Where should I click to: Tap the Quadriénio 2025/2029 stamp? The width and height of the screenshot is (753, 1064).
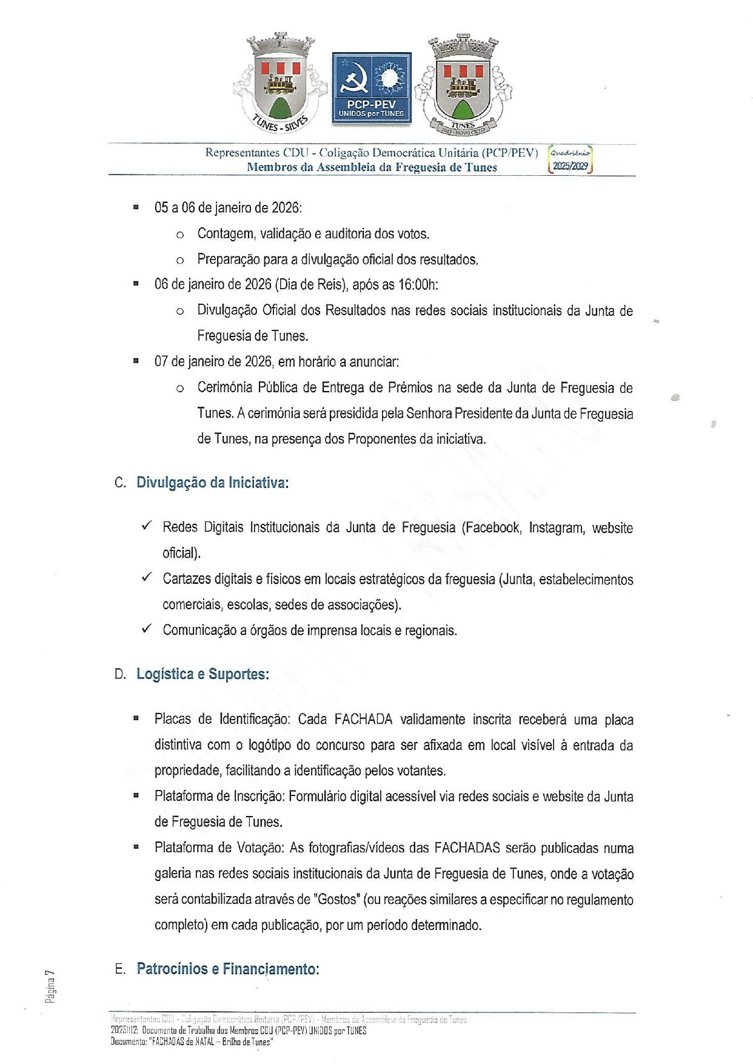pyautogui.click(x=570, y=160)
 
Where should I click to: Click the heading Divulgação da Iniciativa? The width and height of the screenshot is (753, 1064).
pyautogui.click(x=212, y=483)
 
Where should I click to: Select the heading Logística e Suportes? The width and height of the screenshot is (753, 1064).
pyautogui.click(x=202, y=674)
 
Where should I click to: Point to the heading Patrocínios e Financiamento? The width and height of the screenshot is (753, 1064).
pyautogui.click(x=227, y=968)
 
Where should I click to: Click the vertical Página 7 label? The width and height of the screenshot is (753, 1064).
pyautogui.click(x=50, y=986)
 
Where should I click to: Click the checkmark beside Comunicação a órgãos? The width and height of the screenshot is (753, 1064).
pyautogui.click(x=146, y=629)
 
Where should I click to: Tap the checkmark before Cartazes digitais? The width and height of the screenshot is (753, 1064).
pyautogui.click(x=146, y=577)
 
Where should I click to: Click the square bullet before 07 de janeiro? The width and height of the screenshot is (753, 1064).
pyautogui.click(x=136, y=361)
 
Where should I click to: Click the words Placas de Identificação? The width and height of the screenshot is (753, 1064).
pyautogui.click(x=222, y=720)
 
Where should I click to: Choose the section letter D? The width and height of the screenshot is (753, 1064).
pyautogui.click(x=120, y=674)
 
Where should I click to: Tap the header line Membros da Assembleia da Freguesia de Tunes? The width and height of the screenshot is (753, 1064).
pyautogui.click(x=372, y=168)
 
